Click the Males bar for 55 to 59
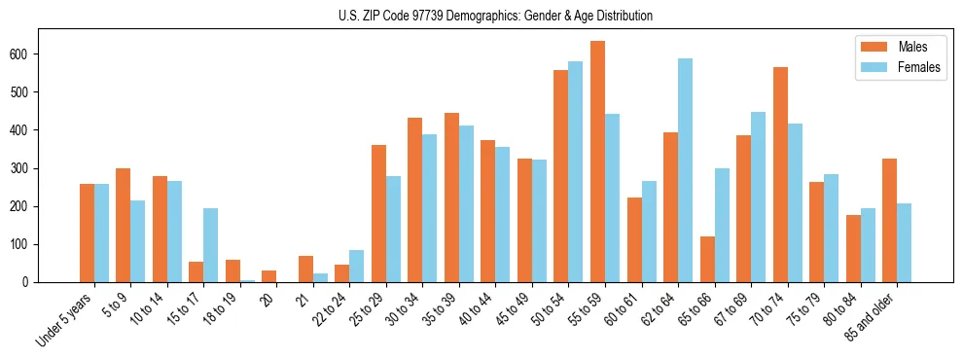tap(597, 162)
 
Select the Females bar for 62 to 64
tap(685, 170)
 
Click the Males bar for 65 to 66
tap(707, 259)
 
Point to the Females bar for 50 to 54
tap(576, 172)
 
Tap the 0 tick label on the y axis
tap(32, 282)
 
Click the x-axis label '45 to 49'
tap(513, 307)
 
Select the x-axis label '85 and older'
tap(871, 314)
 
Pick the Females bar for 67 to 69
tap(758, 198)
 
